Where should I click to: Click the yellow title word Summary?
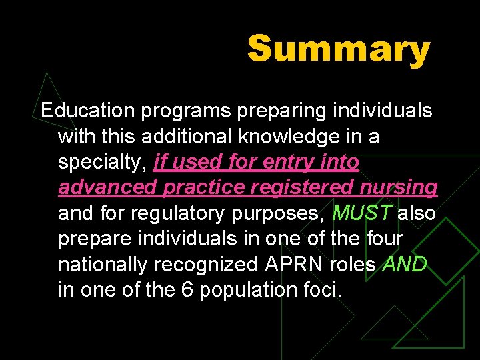point(339,49)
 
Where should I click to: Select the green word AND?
point(405,265)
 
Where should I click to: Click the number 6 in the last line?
point(189,291)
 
